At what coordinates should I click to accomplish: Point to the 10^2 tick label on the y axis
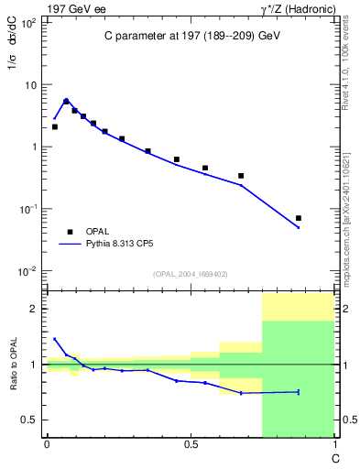pyautogui.click(x=28, y=23)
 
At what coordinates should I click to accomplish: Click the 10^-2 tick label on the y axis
pyautogui.click(x=28, y=271)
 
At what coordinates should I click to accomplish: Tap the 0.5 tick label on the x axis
pyautogui.click(x=191, y=444)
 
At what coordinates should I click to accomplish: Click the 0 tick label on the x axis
pyautogui.click(x=47, y=444)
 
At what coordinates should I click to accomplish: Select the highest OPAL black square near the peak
pyautogui.click(x=66, y=102)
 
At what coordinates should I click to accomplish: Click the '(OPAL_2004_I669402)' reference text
pyautogui.click(x=191, y=274)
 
